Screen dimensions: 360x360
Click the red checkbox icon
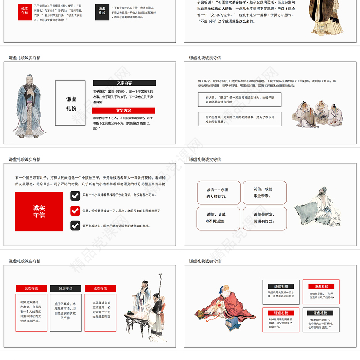[x=75, y=211]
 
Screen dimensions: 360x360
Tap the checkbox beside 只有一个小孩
[x=75, y=195]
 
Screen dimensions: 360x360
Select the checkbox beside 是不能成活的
[x=75, y=225]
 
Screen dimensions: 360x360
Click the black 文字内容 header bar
[x=124, y=83]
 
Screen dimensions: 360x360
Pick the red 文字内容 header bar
[x=124, y=110]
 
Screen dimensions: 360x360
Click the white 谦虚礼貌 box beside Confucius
[x=70, y=103]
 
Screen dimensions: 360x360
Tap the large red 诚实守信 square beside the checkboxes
[x=39, y=211]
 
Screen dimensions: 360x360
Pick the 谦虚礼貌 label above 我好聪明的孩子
[x=320, y=313]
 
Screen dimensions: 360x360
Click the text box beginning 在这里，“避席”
[x=233, y=99]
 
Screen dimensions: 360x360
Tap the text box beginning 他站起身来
[x=233, y=119]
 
